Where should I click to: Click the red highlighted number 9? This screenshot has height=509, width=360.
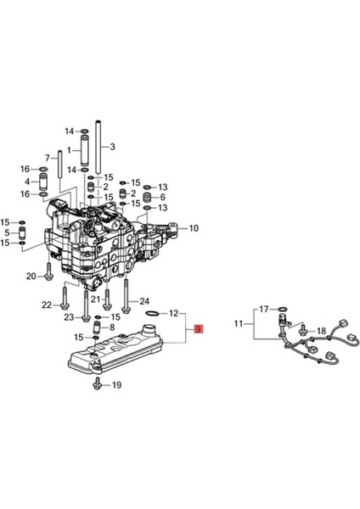[x=198, y=329]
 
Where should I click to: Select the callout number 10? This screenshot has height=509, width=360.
[x=194, y=228]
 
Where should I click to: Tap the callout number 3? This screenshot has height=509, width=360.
[x=112, y=147]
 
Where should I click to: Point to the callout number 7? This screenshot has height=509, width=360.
[x=48, y=158]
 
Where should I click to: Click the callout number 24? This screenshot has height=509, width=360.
[x=144, y=301]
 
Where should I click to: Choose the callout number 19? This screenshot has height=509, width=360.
[x=116, y=385]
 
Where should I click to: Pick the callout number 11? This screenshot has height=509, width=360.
[x=239, y=323]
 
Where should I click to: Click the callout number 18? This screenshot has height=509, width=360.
[x=321, y=331]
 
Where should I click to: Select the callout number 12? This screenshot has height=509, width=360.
[x=174, y=313]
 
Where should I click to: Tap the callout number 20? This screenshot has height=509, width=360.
[x=31, y=277]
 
